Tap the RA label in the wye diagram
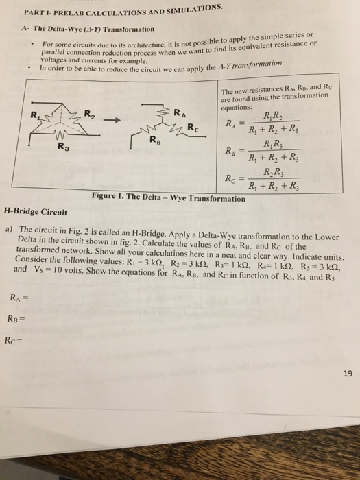pyautogui.click(x=178, y=112)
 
